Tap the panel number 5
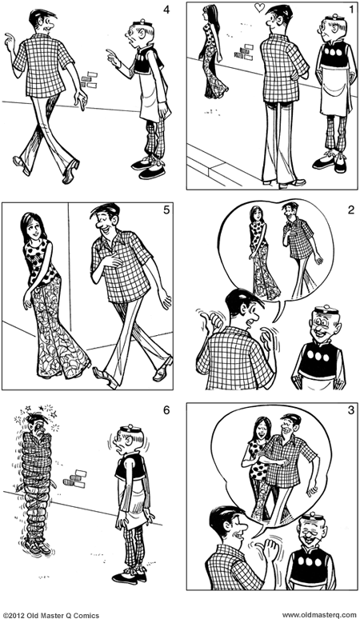(x=163, y=212)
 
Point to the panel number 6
(x=163, y=411)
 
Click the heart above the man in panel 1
(x=259, y=8)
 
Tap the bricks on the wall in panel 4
(x=89, y=79)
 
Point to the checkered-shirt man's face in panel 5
(x=104, y=221)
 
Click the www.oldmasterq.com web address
(x=318, y=613)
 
